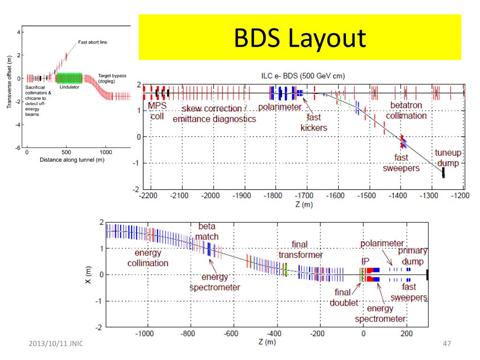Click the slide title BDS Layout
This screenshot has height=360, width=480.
[x=300, y=38]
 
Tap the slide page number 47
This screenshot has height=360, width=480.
[x=446, y=345]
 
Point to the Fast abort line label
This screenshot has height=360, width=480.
[x=92, y=42]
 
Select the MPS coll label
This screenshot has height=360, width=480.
[x=157, y=111]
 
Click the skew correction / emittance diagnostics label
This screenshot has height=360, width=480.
[x=214, y=114]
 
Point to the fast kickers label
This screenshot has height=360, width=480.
[x=314, y=123]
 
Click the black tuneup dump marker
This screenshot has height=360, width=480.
[x=443, y=172]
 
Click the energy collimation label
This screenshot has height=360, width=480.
[x=148, y=258]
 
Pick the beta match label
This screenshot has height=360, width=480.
[x=207, y=232]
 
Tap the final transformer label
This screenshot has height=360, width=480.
[x=300, y=250]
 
